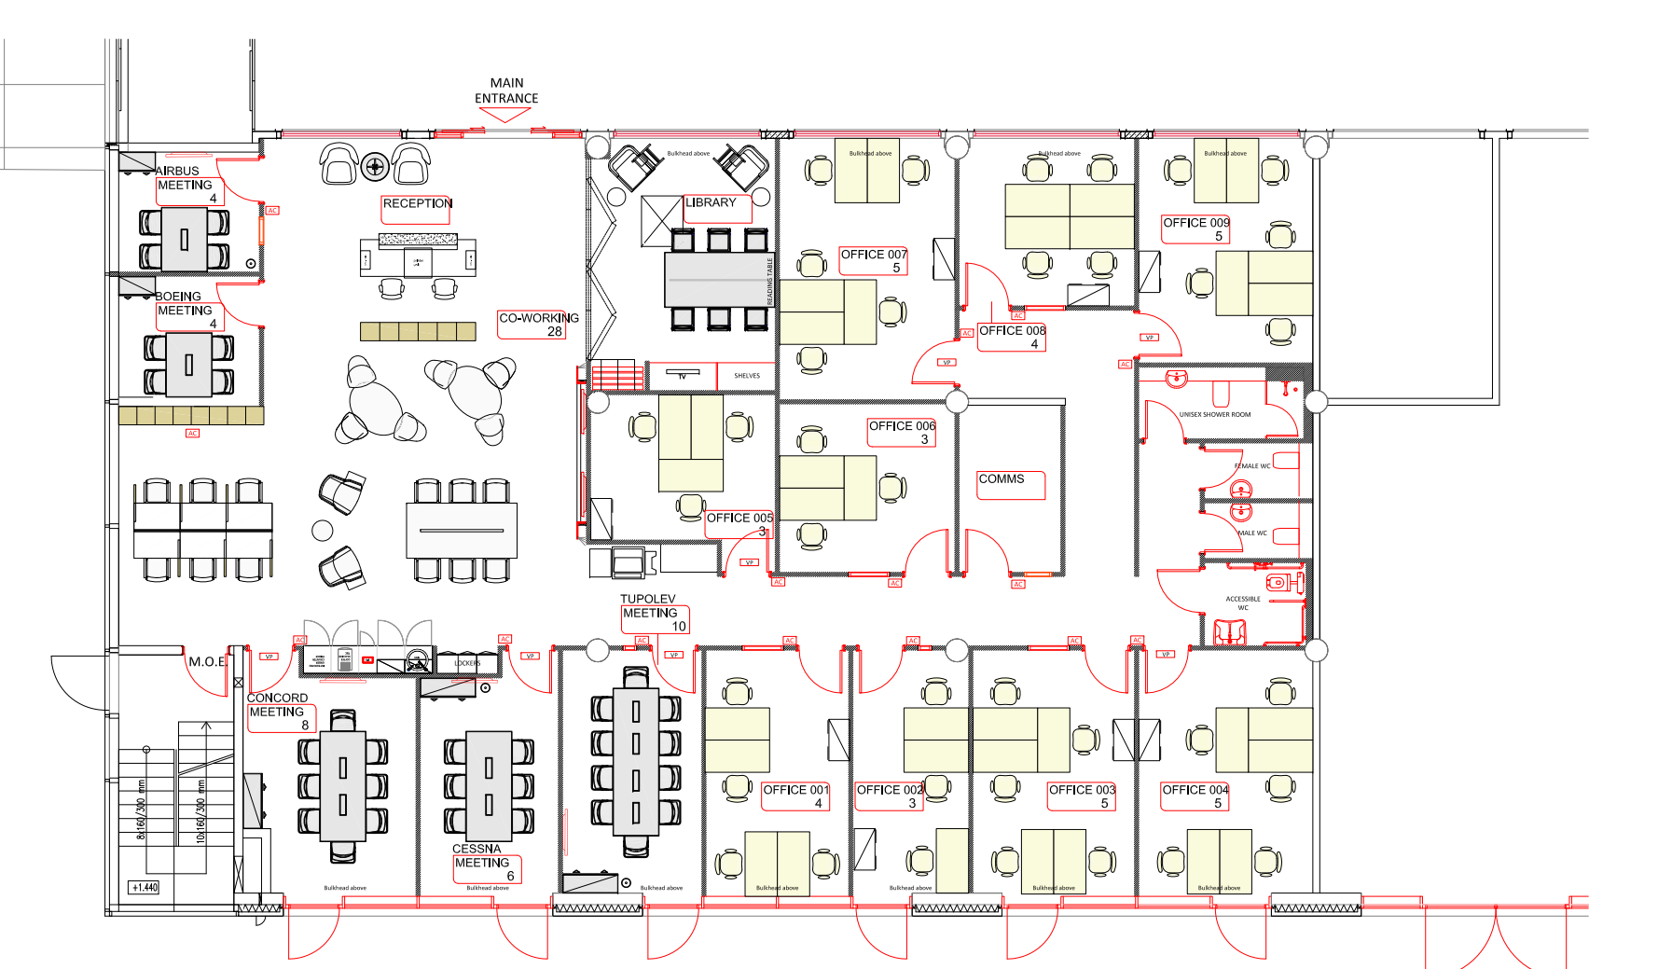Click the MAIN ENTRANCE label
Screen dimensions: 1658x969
[x=506, y=90]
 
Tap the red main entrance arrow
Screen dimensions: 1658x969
[x=504, y=115]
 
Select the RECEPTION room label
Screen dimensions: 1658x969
[x=417, y=203]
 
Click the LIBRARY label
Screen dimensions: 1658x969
[x=711, y=202]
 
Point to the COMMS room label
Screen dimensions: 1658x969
[x=1002, y=479]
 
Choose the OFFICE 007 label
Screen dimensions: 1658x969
[x=874, y=255]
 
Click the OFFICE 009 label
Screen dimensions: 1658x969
[x=1195, y=223]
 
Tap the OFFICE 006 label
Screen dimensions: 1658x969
[x=902, y=426]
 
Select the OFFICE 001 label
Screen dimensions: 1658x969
[x=795, y=790]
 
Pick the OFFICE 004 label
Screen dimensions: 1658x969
[x=1195, y=790]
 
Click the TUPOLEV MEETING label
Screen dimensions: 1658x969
[x=649, y=606]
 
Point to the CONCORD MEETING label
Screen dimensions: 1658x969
[x=277, y=705]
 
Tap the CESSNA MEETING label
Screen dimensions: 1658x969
[x=481, y=856]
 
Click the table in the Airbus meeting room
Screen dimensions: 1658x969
[x=184, y=239]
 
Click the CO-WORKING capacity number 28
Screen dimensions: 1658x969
[x=555, y=332]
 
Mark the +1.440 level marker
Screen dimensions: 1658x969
[x=145, y=888]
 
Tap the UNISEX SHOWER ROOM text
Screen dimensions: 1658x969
[x=1215, y=415]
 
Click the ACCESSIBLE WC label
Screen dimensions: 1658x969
[x=1243, y=603]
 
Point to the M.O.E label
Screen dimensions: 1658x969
[x=207, y=662]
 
